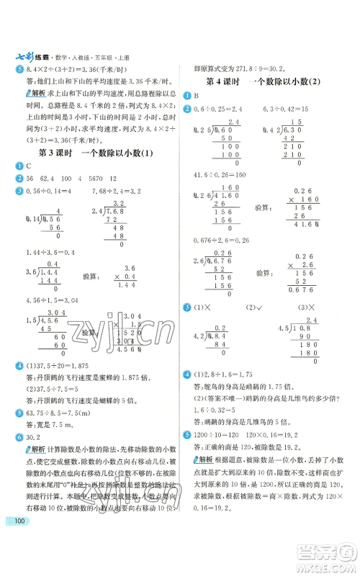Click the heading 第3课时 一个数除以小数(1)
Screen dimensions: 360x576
95,153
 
